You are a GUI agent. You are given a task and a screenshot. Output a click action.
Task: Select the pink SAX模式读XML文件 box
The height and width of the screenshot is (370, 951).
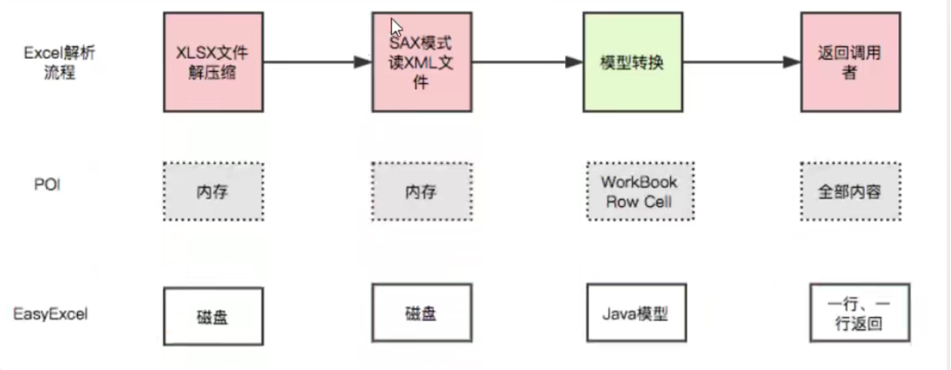coord(421,62)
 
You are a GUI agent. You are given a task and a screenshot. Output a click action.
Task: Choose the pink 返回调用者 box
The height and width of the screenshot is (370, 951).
coord(850,62)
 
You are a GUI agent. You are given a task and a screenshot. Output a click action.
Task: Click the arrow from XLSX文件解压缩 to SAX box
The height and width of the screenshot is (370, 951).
coord(317,62)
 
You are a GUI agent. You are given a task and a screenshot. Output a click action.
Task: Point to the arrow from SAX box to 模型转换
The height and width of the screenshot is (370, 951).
coord(529,62)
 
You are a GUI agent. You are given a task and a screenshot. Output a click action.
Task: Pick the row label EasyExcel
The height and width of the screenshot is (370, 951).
coord(51,313)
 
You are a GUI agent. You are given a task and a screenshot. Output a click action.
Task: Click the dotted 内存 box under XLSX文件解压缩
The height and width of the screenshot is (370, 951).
coord(214,192)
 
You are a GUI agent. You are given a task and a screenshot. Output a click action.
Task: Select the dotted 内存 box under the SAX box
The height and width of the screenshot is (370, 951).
coord(421,192)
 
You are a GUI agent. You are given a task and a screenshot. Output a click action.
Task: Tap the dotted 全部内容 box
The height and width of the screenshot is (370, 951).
coord(850,192)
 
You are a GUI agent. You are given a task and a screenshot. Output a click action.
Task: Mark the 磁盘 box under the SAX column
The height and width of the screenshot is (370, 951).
coord(421,313)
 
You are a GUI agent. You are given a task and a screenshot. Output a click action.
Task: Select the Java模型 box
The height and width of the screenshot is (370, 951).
coord(636,313)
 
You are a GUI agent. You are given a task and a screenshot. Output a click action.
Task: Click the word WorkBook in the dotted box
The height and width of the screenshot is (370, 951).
coord(639,182)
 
